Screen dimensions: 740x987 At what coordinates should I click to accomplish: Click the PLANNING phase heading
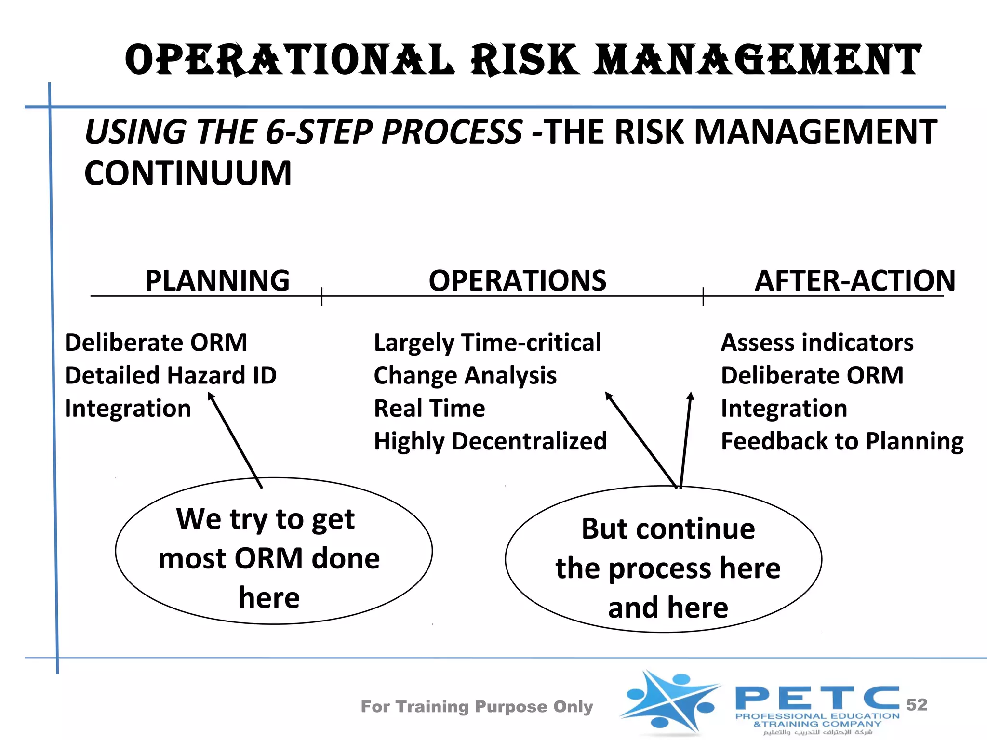coord(217,280)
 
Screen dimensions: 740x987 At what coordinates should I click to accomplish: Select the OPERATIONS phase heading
coord(518,280)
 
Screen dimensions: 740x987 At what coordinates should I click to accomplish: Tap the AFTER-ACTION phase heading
coord(854,280)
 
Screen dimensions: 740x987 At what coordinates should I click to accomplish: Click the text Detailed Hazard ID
coord(171,375)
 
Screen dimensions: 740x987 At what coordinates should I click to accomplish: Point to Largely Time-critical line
coord(487,343)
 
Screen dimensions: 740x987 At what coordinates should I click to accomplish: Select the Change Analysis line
coord(465,376)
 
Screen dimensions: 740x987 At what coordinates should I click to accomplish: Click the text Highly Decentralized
coord(490,441)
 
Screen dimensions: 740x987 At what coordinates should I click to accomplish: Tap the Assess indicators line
coord(817,343)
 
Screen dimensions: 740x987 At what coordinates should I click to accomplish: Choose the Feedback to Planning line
coord(842,441)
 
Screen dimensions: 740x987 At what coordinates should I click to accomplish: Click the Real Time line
coord(429,409)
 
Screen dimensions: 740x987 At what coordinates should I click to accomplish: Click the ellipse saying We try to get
coord(274,551)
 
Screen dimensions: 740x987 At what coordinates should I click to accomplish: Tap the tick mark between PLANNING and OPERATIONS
coord(321,296)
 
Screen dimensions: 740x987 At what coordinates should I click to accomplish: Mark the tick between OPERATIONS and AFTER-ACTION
coord(703,296)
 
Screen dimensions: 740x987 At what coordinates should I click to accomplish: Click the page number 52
coord(917,704)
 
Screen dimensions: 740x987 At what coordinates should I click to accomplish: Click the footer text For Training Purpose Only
coord(477,706)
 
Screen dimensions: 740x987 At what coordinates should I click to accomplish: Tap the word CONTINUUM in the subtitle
coord(188,173)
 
